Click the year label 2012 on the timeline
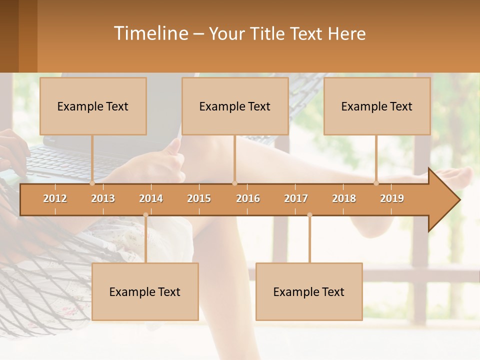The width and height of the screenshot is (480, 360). [x=55, y=198]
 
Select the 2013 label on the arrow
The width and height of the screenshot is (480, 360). [x=103, y=198]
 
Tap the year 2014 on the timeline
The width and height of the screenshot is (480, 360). [x=151, y=198]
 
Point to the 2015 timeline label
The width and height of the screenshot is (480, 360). [x=199, y=198]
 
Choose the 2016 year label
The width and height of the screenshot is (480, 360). [x=248, y=198]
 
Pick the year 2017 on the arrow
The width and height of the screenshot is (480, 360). [x=296, y=198]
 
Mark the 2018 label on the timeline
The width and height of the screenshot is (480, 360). [x=344, y=198]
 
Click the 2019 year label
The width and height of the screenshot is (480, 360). [x=392, y=198]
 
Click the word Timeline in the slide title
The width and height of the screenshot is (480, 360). [x=150, y=33]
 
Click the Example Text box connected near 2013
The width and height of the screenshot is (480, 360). [x=93, y=106]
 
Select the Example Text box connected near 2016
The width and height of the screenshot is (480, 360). [x=235, y=106]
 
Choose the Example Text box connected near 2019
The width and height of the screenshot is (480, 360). [x=377, y=106]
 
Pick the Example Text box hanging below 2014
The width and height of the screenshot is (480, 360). [x=145, y=291]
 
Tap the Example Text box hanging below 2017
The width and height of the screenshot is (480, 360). [x=309, y=291]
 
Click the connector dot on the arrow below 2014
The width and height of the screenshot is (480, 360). [x=145, y=215]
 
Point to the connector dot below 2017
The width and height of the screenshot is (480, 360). [x=309, y=215]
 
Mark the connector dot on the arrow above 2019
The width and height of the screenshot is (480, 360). [x=376, y=183]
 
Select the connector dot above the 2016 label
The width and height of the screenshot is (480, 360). [x=234, y=183]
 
